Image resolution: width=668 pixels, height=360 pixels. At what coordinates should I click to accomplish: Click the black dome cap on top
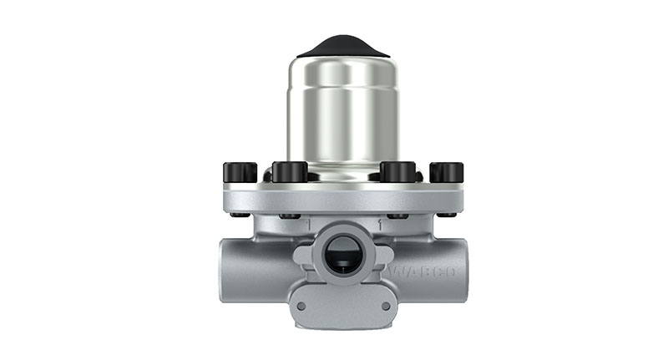coord(343,45)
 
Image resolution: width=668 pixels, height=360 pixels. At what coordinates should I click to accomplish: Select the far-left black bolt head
coord(240,172)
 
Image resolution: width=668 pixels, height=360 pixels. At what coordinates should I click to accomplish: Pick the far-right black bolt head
coord(447,172)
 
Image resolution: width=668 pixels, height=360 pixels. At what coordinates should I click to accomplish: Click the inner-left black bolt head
coord(290,171)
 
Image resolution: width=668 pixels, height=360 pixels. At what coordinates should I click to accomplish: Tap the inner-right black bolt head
coord(397,171)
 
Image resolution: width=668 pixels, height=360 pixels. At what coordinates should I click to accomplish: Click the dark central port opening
coord(342,256)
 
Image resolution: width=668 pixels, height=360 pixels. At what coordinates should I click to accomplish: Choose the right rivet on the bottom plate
coord(384,305)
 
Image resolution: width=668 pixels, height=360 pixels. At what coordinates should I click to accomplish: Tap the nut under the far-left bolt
coord(240,214)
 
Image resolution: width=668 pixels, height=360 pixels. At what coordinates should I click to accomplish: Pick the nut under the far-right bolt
coord(447,214)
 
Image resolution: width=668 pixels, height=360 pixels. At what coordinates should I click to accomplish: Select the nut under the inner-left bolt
coord(291,215)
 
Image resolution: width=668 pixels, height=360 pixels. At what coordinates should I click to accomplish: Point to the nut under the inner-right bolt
coord(397,215)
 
